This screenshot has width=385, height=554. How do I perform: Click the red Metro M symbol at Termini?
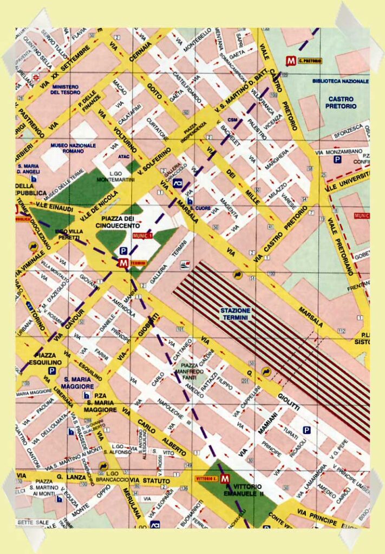click(x=123, y=263)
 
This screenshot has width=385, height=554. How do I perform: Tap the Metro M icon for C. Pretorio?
click(x=292, y=61)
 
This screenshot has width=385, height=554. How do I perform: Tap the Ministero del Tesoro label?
click(x=65, y=89)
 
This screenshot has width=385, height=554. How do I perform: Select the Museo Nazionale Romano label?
click(x=73, y=149)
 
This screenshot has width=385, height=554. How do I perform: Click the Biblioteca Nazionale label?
click(x=340, y=81)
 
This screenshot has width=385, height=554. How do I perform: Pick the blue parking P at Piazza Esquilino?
click(x=53, y=371)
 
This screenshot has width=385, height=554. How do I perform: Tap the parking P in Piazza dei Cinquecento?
click(x=123, y=251)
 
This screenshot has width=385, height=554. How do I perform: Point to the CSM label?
click(x=233, y=120)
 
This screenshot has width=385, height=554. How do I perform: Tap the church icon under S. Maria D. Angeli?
click(x=35, y=178)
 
